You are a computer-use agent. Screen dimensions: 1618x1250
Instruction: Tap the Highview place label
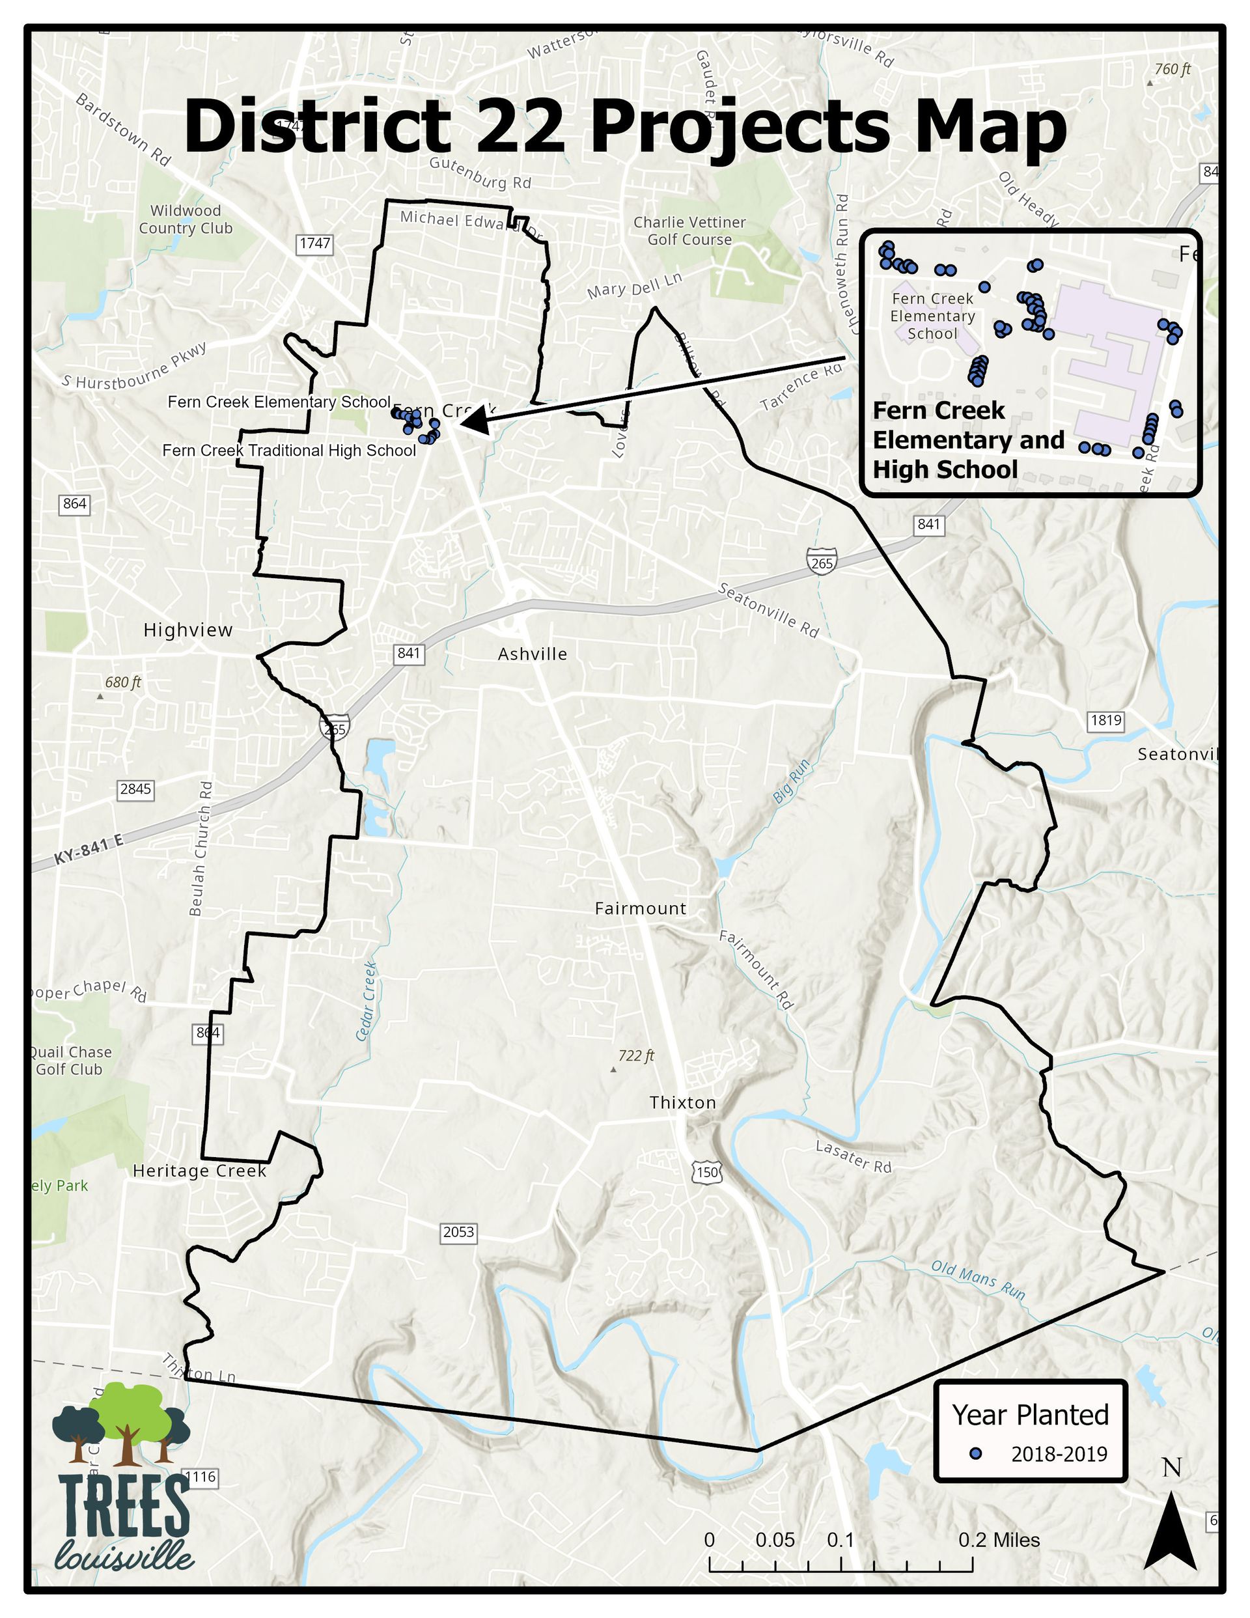[187, 630]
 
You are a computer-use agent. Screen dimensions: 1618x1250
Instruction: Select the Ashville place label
[532, 654]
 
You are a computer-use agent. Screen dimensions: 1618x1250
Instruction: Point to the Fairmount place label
[640, 908]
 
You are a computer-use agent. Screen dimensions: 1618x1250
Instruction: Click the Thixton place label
[682, 1102]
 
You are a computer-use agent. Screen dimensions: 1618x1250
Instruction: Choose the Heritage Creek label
[199, 1171]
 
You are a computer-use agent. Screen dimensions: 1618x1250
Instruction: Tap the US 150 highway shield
[707, 1172]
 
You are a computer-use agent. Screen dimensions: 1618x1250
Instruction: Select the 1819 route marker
[1105, 720]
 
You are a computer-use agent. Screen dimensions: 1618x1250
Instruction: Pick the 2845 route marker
[135, 789]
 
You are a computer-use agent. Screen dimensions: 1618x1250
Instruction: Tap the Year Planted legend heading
[1030, 1415]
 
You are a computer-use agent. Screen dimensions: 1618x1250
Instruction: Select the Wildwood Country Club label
[186, 219]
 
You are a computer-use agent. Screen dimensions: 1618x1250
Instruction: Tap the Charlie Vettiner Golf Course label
[689, 230]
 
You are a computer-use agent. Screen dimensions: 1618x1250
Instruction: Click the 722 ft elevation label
[636, 1055]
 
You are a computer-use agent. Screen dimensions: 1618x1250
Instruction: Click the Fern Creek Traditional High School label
[289, 451]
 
